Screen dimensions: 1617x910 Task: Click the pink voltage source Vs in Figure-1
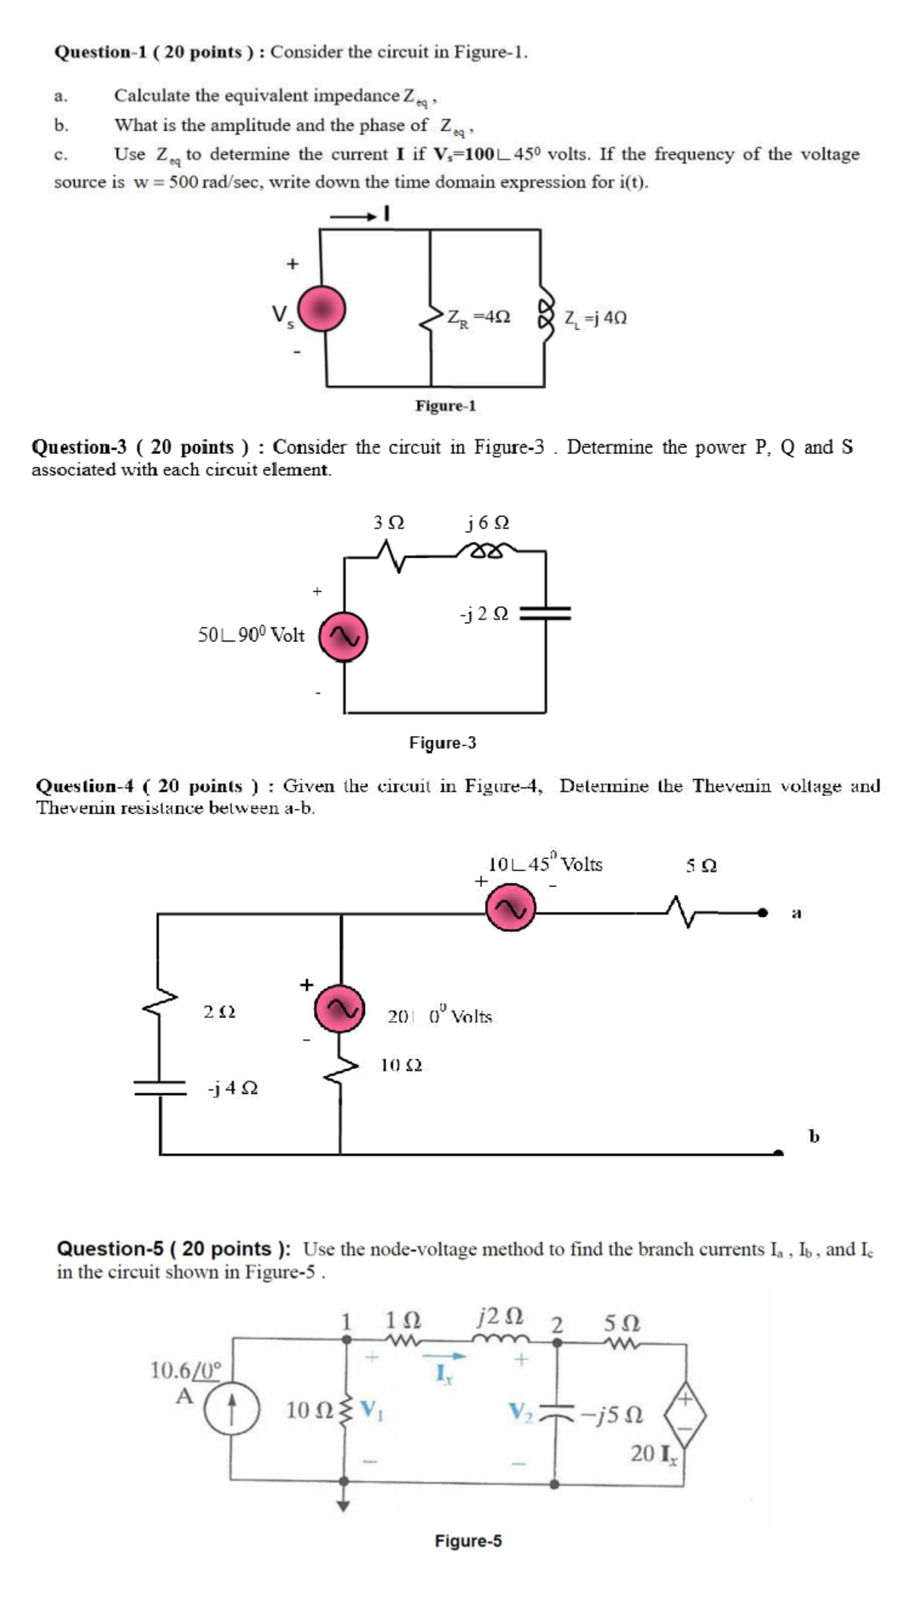pyautogui.click(x=322, y=309)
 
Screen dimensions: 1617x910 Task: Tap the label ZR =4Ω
pyautogui.click(x=478, y=317)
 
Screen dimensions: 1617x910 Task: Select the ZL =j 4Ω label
pyautogui.click(x=595, y=318)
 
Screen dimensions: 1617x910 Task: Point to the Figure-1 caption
pyautogui.click(x=446, y=406)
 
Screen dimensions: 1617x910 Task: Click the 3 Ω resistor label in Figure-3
pyautogui.click(x=389, y=523)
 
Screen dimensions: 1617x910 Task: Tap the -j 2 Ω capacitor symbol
pyautogui.click(x=545, y=613)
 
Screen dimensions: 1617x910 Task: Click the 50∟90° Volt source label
pyautogui.click(x=251, y=635)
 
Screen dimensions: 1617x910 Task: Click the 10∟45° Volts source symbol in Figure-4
pyautogui.click(x=510, y=909)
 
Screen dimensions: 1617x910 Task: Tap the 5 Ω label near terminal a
pyautogui.click(x=701, y=865)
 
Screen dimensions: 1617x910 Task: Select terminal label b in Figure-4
pyautogui.click(x=814, y=1136)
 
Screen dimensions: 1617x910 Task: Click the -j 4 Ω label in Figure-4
pyautogui.click(x=233, y=1088)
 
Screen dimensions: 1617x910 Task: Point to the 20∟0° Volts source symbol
pyautogui.click(x=340, y=1008)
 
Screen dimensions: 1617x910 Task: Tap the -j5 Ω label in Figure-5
pyautogui.click(x=613, y=1415)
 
